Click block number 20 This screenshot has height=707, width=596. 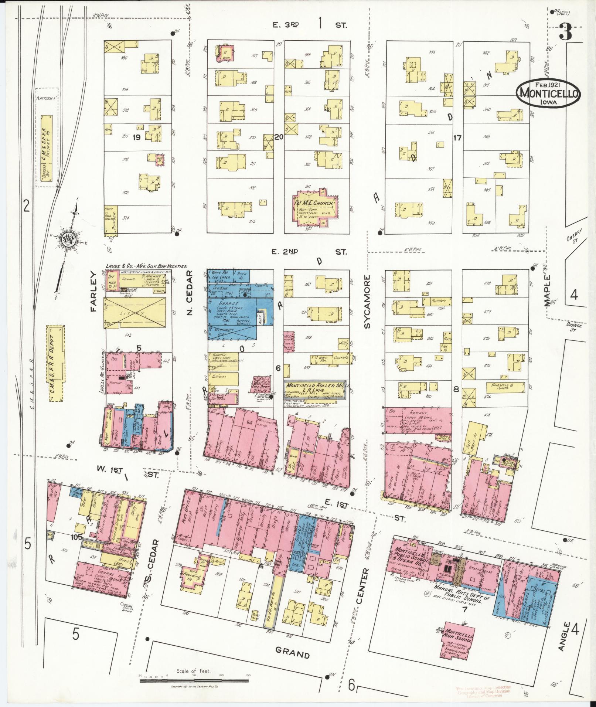279,137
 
